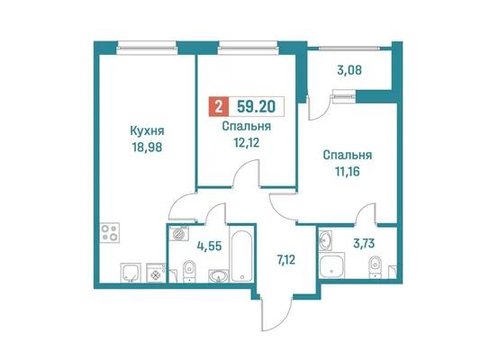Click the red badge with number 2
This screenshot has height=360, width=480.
coord(219,107)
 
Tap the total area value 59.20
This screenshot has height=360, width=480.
coord(257,107)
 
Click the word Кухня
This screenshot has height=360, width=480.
coord(148,130)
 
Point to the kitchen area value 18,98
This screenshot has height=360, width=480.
coord(148,148)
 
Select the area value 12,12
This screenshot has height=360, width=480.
coord(247,142)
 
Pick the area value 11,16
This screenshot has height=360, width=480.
coord(347,172)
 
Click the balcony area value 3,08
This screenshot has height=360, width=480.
coord(349,70)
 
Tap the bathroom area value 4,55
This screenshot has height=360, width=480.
coord(209,246)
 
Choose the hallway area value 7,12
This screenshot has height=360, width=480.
coord(285,260)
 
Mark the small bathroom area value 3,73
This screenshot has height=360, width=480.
coord(364,244)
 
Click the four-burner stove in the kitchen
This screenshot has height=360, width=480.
coord(110,233)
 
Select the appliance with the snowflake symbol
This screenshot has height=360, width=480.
coord(156,273)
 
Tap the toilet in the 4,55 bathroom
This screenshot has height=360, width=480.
coord(189,270)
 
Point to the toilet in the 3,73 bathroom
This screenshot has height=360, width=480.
coord(374,267)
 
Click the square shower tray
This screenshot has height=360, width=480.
coord(331,265)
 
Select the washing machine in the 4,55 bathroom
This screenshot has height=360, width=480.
coord(178,233)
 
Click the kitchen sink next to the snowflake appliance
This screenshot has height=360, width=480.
coord(131,273)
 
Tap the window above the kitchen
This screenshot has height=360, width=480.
coord(147,48)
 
